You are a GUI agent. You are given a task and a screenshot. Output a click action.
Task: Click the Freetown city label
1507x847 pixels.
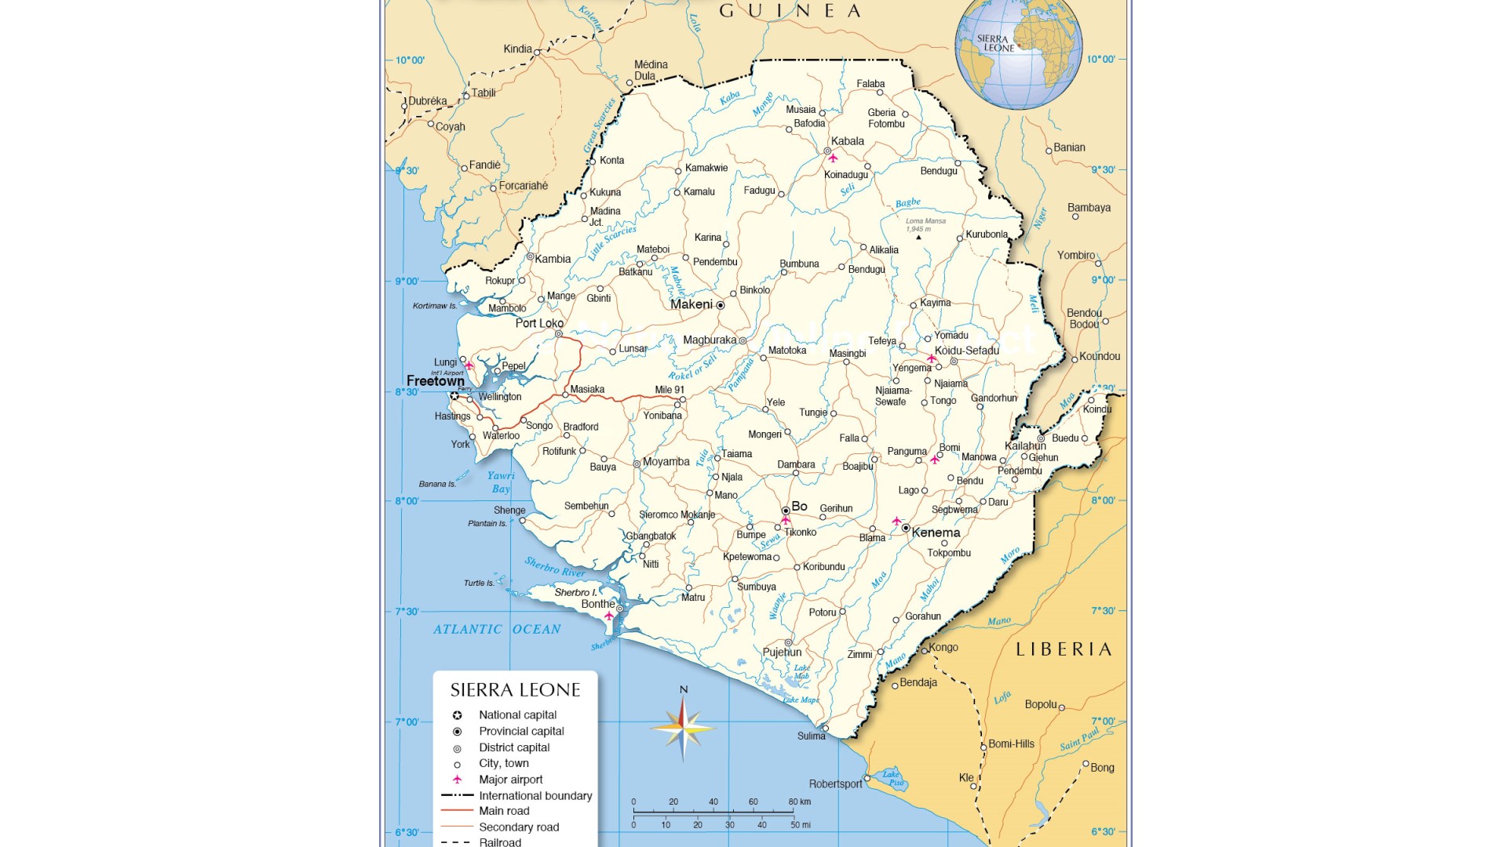tap(435, 381)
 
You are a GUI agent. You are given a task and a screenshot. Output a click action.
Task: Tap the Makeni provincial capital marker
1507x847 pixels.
tap(720, 305)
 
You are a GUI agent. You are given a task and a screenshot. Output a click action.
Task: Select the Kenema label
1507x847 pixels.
tap(936, 533)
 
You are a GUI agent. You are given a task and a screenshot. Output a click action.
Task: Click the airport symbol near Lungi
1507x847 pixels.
tap(469, 365)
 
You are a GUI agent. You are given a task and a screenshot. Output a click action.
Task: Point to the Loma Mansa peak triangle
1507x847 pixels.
tap(918, 237)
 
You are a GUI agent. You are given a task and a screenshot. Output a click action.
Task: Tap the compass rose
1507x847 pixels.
tap(683, 727)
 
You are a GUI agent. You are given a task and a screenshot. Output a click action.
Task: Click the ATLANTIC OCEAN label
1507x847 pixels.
tap(497, 629)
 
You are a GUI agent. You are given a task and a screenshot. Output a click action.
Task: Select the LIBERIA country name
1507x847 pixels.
tap(1064, 649)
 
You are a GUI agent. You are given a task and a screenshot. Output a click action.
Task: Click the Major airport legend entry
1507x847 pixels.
tap(510, 780)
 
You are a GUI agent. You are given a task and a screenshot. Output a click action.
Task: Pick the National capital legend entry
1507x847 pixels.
tap(517, 714)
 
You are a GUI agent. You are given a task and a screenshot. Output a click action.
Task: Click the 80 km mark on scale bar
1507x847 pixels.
tap(799, 802)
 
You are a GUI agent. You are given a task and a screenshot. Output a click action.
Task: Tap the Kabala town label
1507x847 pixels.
tap(847, 141)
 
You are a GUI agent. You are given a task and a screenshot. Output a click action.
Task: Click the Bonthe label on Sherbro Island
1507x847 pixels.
tap(597, 604)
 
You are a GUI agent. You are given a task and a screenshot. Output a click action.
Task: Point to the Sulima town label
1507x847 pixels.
tap(811, 736)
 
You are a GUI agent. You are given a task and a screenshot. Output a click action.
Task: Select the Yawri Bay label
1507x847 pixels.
tap(501, 482)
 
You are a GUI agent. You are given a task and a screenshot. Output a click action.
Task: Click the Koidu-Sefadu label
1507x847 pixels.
tap(966, 351)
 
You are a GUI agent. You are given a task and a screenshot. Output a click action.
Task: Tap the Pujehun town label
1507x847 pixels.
tap(782, 652)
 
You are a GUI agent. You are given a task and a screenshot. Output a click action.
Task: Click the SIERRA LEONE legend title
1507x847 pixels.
tap(515, 690)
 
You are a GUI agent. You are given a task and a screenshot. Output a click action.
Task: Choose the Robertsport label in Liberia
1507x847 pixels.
tap(835, 783)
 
